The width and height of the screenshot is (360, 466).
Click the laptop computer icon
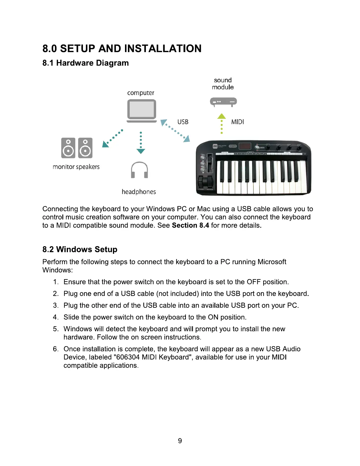[x=141, y=110]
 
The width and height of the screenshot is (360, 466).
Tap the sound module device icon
[x=223, y=102]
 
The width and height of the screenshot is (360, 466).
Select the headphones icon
[x=139, y=170]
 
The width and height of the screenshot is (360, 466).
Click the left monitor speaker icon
[x=68, y=148]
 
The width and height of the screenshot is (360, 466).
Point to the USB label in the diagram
[x=183, y=122]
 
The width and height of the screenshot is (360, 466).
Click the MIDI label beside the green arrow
[x=237, y=122]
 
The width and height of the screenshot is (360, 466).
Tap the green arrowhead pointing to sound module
[x=221, y=116]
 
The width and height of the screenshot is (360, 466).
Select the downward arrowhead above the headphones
[x=141, y=151]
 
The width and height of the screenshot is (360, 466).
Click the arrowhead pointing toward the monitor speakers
[x=105, y=144]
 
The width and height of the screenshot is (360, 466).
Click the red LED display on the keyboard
[x=245, y=146]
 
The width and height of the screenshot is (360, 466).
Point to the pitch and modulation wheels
[x=205, y=182]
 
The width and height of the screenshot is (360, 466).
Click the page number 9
[x=180, y=441]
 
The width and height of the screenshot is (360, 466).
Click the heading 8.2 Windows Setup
[x=80, y=249]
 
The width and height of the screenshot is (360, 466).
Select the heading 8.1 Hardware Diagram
[x=85, y=63]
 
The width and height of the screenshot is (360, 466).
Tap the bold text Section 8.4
[x=190, y=225]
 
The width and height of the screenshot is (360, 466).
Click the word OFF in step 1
[x=254, y=282]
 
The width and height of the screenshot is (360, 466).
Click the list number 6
[x=56, y=349]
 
